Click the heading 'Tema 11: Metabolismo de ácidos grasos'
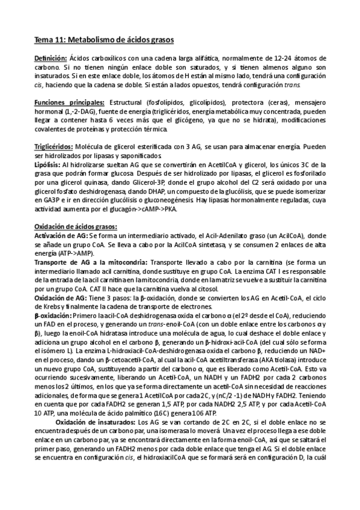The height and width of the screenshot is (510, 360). tap(103, 40)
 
